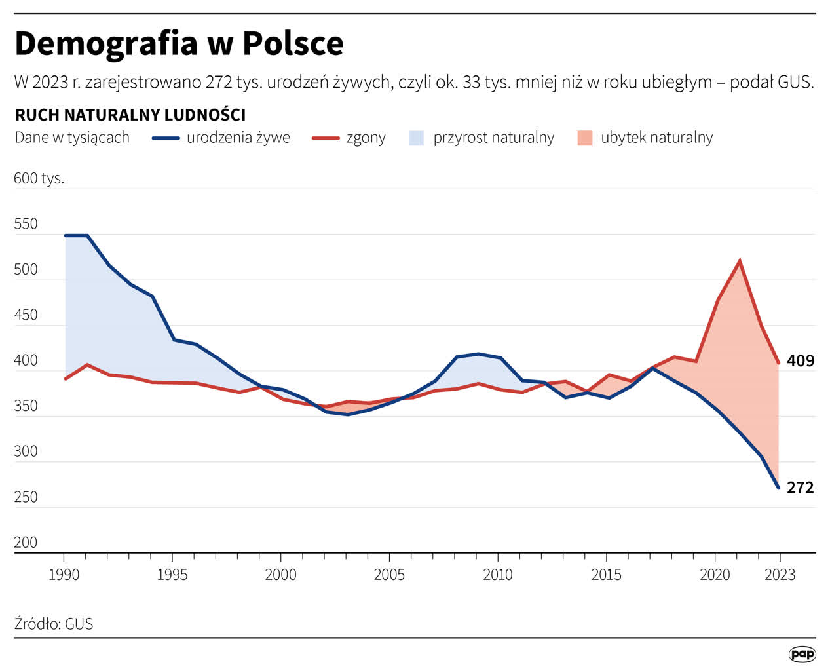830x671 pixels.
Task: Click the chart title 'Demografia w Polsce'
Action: click(179, 44)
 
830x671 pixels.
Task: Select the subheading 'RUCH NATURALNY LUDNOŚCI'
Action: click(130, 115)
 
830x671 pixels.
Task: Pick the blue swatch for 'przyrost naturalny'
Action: click(416, 138)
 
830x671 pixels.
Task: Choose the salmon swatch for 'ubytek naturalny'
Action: click(584, 138)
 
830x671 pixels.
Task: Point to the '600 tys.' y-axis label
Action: click(39, 178)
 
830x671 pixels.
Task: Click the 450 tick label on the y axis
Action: click(26, 315)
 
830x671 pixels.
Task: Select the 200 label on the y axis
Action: click(26, 543)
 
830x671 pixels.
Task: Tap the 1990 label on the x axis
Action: click(64, 575)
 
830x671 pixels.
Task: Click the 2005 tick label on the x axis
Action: click(389, 575)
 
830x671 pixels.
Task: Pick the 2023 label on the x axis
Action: click(780, 575)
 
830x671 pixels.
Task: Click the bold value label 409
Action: click(800, 360)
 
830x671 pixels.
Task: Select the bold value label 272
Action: click(800, 488)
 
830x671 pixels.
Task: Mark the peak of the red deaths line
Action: click(740, 261)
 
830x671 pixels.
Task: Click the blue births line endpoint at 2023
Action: click(778, 488)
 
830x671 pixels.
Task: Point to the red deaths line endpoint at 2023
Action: click(778, 362)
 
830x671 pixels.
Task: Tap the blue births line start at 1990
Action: click(66, 235)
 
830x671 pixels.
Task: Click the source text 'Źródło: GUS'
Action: click(54, 624)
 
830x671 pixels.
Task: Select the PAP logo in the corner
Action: click(802, 653)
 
